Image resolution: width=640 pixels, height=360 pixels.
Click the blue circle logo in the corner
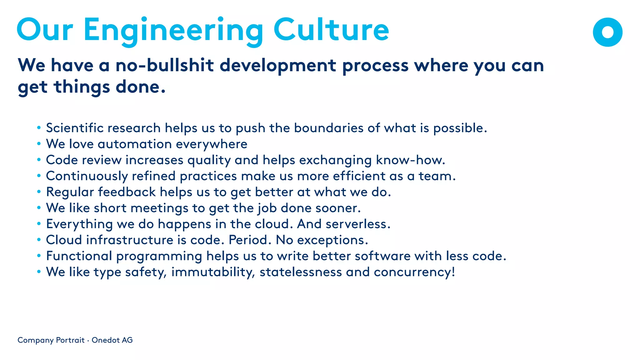(607, 32)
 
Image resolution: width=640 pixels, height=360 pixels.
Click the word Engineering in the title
(173, 31)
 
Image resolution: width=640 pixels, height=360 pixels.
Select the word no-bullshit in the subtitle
(164, 65)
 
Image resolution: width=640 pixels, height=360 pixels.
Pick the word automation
(135, 144)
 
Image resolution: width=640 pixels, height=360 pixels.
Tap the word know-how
(410, 160)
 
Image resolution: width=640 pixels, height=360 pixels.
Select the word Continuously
(87, 176)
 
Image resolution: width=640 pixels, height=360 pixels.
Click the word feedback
(127, 192)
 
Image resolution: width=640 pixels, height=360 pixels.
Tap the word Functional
(79, 256)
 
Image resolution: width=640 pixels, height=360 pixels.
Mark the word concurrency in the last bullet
(414, 272)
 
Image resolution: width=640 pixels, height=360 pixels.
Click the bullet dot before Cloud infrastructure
(39, 240)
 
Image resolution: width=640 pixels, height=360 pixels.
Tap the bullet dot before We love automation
(39, 144)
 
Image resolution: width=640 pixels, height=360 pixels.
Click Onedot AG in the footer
(112, 340)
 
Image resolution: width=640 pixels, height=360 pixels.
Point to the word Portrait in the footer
(70, 340)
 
